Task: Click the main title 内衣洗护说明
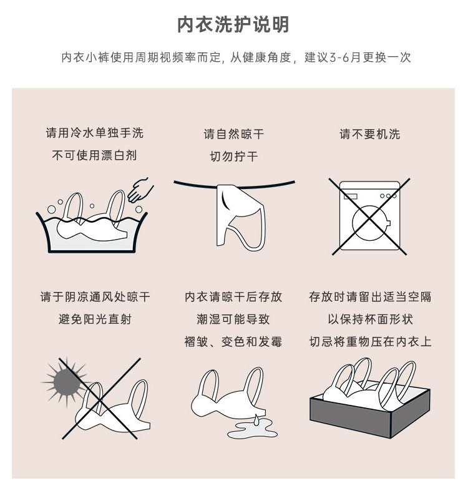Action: [x=233, y=24]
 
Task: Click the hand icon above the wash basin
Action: [x=140, y=190]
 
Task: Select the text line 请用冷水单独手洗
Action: [x=95, y=133]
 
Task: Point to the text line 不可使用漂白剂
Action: [x=95, y=155]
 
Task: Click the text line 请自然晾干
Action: [x=234, y=134]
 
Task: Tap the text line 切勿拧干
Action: [x=234, y=156]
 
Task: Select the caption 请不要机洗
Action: [x=370, y=134]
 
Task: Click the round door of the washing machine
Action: [x=371, y=223]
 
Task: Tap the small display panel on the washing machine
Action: [x=351, y=197]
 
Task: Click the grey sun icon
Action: [x=66, y=382]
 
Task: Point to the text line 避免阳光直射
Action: [x=95, y=319]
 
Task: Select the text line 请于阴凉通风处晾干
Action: [x=95, y=296]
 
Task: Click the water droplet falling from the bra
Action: [x=256, y=420]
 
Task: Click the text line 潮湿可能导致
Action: [x=233, y=319]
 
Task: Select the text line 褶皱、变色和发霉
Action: [x=233, y=342]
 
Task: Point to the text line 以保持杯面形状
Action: [x=370, y=319]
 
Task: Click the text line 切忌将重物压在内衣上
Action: [x=370, y=342]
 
